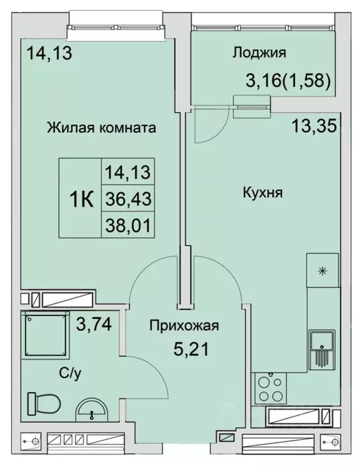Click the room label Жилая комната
point(100,128)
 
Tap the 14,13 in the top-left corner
point(49,53)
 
